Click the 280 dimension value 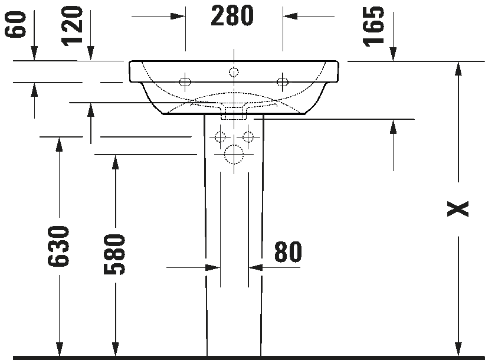[x=232, y=16]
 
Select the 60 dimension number [x=15, y=24]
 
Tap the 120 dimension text [x=72, y=26]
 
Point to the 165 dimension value [x=373, y=27]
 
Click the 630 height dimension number [x=58, y=246]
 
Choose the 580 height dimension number [x=114, y=254]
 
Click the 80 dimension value [x=288, y=252]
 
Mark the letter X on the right [x=458, y=209]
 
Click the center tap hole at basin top [x=234, y=73]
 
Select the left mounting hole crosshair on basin [x=185, y=82]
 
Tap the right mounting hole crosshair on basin [x=283, y=82]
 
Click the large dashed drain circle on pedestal [x=234, y=154]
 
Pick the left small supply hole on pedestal [x=220, y=136]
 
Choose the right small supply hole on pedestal [x=248, y=136]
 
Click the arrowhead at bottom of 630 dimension [x=59, y=349]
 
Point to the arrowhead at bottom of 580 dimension [x=116, y=349]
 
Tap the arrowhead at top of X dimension [x=458, y=68]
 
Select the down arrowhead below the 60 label [x=34, y=53]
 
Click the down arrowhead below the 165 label [x=393, y=54]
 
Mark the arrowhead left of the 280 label [x=178, y=16]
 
